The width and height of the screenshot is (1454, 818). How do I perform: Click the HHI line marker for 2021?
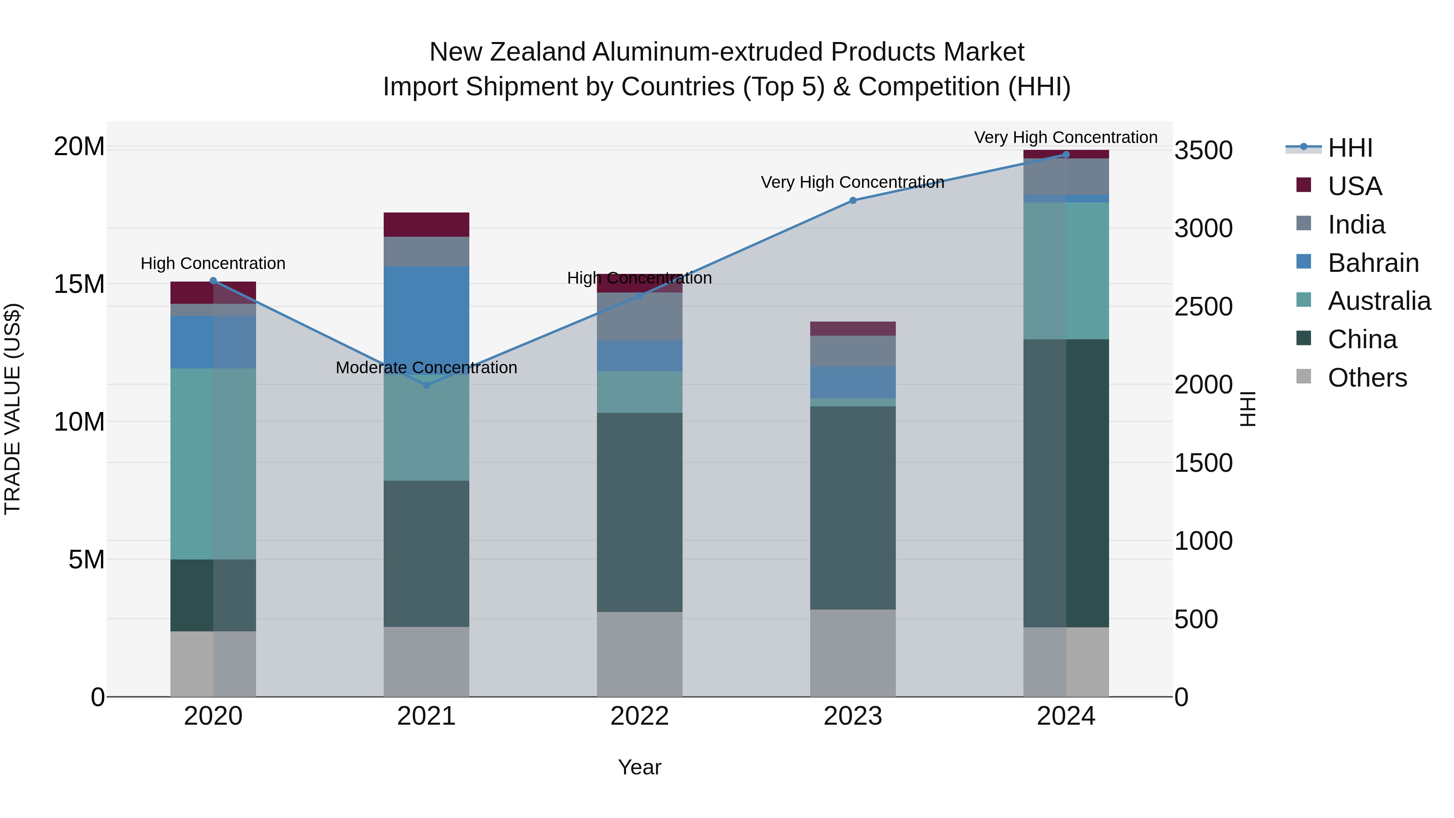coord(426,385)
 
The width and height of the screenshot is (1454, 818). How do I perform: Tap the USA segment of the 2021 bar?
coord(426,225)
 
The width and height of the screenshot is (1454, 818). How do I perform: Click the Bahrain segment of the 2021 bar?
coord(426,316)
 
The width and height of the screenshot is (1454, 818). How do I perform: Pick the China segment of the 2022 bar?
coord(639,512)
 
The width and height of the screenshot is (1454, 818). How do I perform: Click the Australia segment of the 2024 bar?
coord(1066,271)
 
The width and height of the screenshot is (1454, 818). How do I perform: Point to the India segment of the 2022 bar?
coord(639,316)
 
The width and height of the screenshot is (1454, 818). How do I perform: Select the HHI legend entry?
coord(1349,148)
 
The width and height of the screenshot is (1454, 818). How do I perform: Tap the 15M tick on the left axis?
coord(79,284)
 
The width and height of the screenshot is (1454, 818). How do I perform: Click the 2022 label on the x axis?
coord(639,716)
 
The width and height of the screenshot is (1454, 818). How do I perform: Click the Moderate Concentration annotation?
coord(426,368)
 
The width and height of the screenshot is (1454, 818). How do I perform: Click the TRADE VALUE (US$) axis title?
coord(13,409)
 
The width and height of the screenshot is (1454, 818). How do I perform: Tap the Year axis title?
coord(639,767)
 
